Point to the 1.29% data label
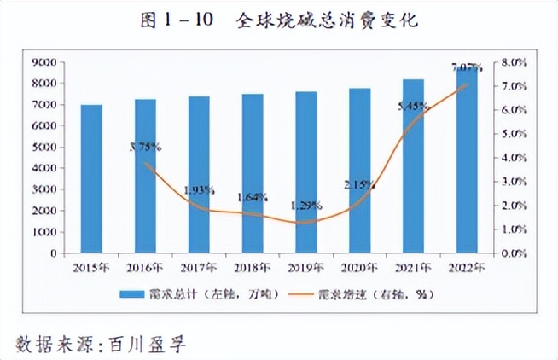point(305,205)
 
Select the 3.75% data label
point(145,146)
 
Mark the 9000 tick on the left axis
point(44,62)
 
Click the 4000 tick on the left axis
point(44,168)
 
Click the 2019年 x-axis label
point(305,267)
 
